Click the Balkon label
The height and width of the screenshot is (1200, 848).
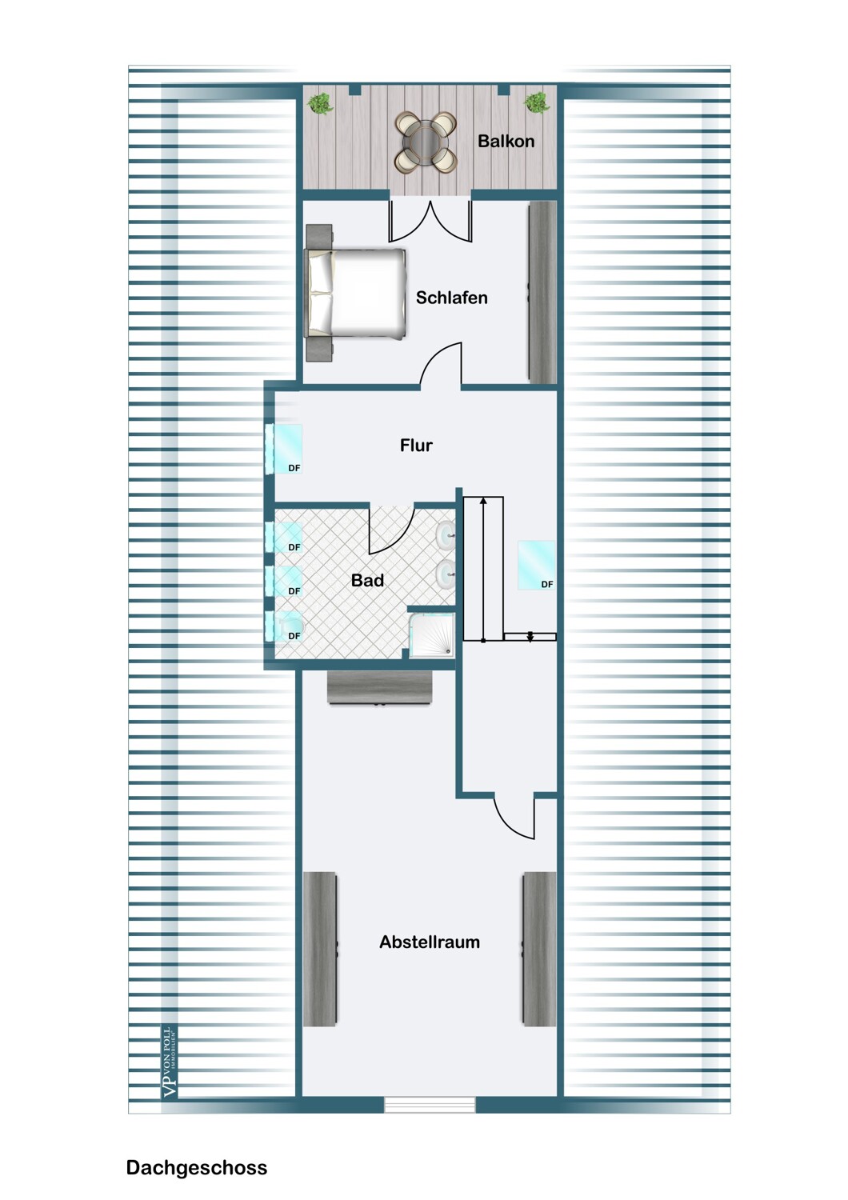point(506,142)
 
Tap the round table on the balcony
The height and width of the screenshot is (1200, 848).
point(426,142)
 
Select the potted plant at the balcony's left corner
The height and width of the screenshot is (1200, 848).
point(320,103)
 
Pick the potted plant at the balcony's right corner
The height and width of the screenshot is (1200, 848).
point(537,102)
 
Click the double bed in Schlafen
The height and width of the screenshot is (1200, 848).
point(354,294)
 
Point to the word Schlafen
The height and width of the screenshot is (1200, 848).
point(451,298)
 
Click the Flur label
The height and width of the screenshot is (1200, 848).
point(416,445)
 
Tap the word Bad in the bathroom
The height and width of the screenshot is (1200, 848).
point(367,580)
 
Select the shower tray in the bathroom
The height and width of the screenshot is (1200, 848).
point(431,635)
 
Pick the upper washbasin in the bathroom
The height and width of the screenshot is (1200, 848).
point(446,534)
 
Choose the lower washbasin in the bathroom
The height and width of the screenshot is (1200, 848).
point(446,574)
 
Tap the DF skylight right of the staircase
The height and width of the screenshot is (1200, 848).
point(536,565)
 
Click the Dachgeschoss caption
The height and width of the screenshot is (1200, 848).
point(197,1168)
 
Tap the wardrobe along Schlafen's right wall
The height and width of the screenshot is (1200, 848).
point(542,293)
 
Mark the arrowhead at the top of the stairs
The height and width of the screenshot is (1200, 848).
point(483,500)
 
